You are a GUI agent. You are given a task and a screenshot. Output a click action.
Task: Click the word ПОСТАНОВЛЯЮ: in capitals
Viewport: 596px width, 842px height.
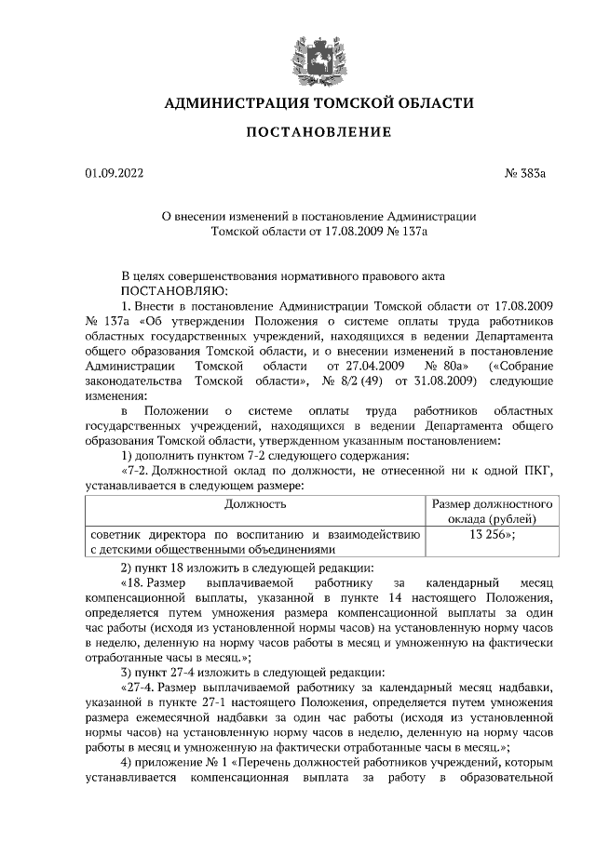coord(169,290)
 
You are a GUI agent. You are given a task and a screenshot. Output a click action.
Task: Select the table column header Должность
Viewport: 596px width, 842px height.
coord(255,503)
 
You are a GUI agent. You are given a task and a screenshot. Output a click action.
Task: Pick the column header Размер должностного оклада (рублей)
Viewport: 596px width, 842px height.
coord(493,511)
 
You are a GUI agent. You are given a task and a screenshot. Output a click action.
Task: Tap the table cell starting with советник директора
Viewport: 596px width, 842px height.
coord(255,541)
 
